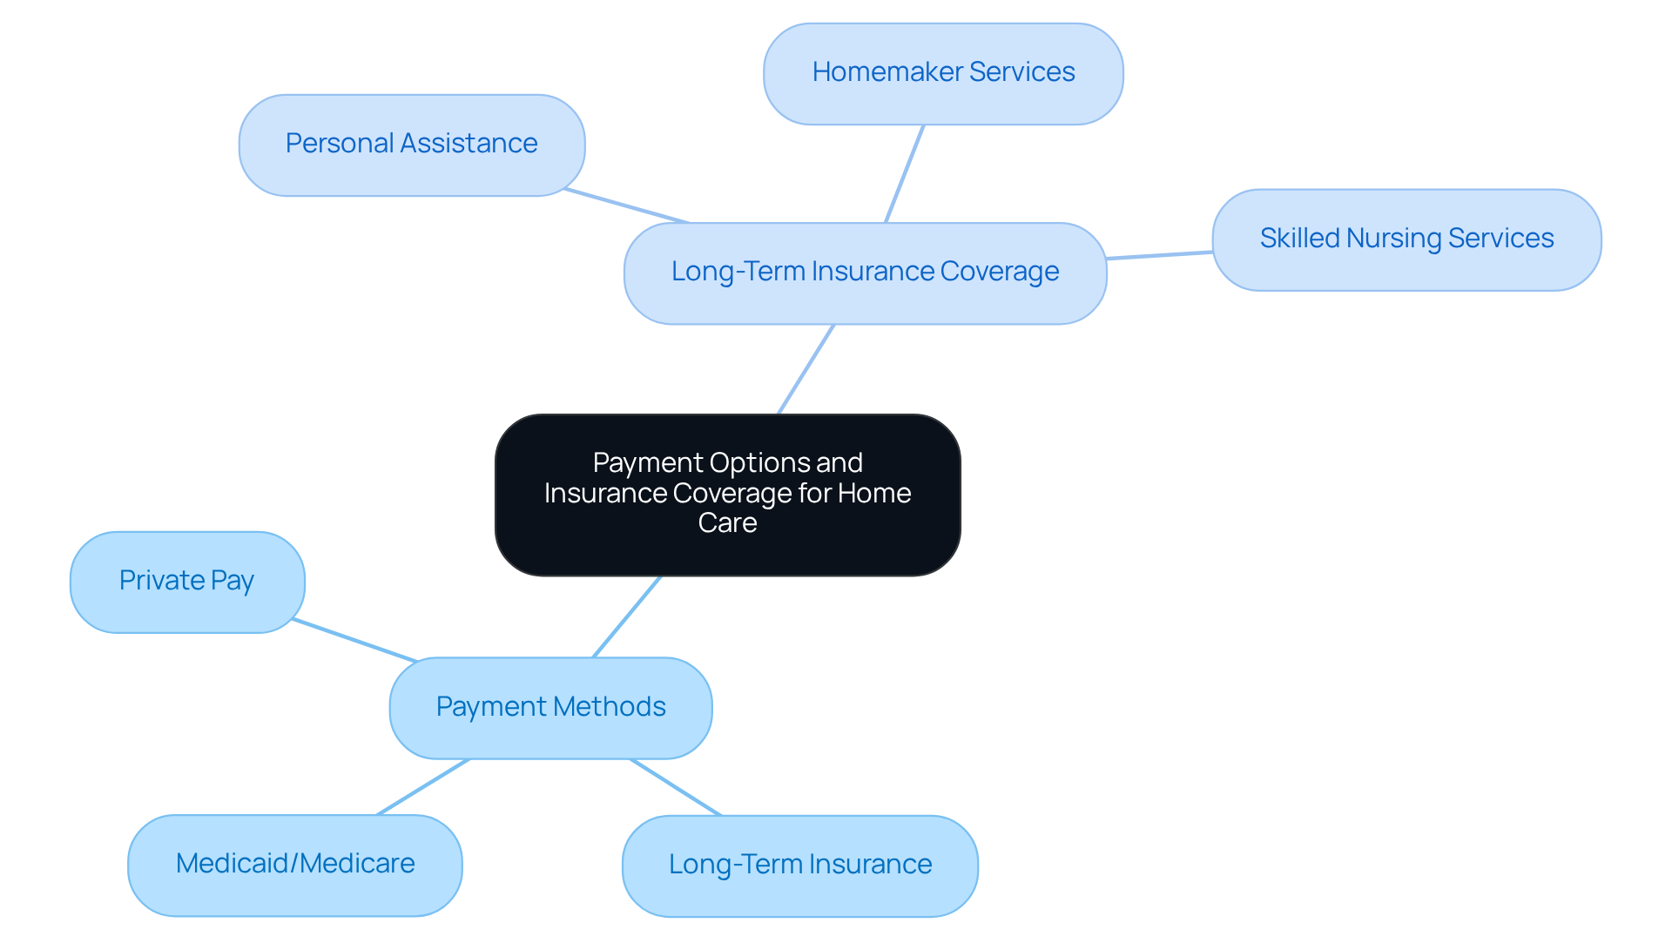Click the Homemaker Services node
coord(943,74)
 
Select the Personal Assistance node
coord(412,145)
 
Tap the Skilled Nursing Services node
coord(1406,239)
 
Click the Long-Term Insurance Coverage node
coord(865,273)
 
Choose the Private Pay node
coord(187,582)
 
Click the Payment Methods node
coord(550,707)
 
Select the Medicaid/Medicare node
coord(295,865)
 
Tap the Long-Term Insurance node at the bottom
coord(800,866)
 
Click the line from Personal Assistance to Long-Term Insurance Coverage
coord(627,206)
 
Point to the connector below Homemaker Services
coord(905,173)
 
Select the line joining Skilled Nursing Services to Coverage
coord(1159,255)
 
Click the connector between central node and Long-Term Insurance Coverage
coord(806,369)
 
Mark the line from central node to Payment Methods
coord(627,616)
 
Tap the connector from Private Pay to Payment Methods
coord(355,641)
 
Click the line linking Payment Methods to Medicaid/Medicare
coord(423,786)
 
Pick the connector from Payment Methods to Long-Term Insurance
coord(676,787)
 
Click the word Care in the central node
coord(727,523)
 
